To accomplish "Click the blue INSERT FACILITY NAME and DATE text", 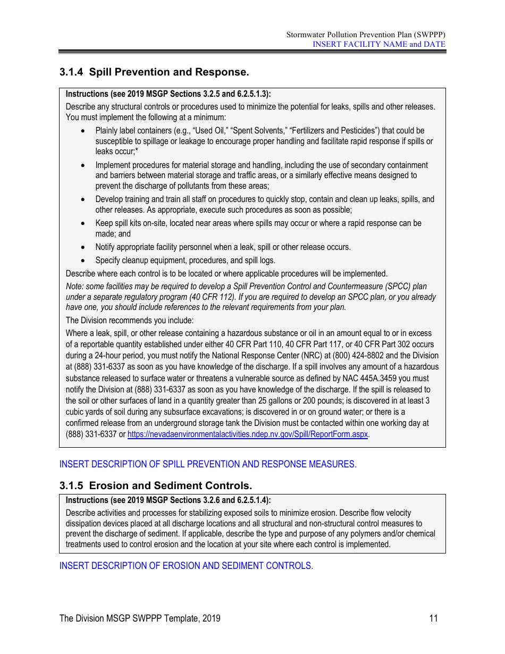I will coord(378,44).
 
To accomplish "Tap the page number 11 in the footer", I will coord(433,618).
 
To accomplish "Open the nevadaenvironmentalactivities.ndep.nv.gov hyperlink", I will coord(248,434).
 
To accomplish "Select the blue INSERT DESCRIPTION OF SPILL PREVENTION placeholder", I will coord(207,464).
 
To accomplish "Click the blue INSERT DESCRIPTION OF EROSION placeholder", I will coord(186,566).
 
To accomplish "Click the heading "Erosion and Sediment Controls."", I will coord(170,485).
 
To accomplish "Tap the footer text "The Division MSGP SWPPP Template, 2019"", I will coord(140,618).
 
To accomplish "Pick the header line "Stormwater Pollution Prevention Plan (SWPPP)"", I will coord(366,35).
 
